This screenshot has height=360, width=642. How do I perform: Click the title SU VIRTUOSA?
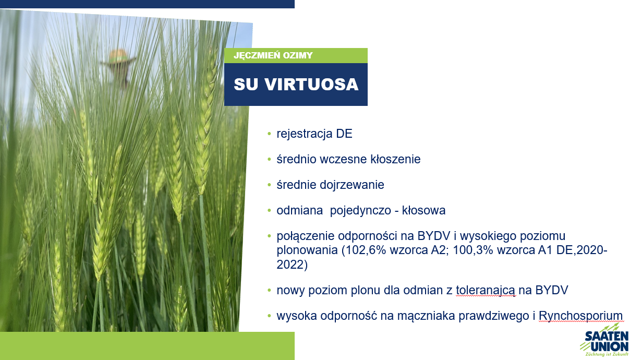[x=296, y=85]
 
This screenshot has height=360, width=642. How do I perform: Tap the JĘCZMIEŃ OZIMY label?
[x=273, y=55]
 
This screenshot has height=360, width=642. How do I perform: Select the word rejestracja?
[x=305, y=134]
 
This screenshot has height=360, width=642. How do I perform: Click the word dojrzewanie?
[x=352, y=185]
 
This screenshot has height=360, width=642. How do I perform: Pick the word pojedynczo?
[x=360, y=211]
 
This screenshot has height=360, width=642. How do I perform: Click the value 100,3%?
[x=473, y=250]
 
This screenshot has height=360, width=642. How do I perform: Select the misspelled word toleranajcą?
[x=486, y=291]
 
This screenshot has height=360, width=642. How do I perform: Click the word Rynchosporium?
[x=580, y=316]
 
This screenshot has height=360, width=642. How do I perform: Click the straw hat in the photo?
[x=118, y=57]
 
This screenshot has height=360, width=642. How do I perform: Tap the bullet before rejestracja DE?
[x=269, y=134]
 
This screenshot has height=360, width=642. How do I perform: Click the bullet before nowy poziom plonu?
[x=269, y=291]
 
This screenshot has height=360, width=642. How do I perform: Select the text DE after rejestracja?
[x=344, y=134]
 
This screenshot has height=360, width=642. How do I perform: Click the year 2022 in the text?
[x=290, y=265]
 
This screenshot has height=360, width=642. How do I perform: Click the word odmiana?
[x=299, y=211]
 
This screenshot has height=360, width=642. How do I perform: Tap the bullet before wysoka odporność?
[x=269, y=316]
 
